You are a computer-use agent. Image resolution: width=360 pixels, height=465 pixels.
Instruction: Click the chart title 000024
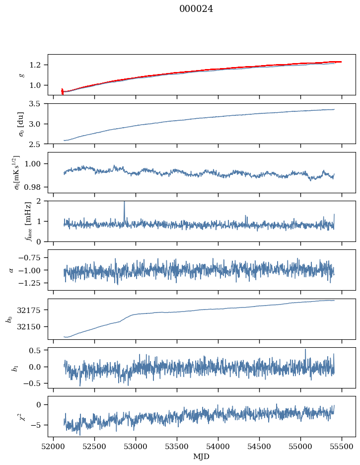196,9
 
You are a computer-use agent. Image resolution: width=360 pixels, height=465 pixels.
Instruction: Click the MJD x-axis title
202,456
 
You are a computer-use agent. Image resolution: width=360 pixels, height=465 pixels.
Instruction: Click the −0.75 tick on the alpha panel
31,257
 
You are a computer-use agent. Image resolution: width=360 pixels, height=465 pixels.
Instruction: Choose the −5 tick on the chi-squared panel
38,425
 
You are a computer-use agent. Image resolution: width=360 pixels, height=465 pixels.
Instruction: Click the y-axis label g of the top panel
21,75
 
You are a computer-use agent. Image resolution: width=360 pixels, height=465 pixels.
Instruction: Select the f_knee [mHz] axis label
14,221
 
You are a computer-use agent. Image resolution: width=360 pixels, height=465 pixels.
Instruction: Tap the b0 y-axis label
9,319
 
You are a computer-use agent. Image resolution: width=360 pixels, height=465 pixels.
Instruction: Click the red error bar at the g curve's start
62,91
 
